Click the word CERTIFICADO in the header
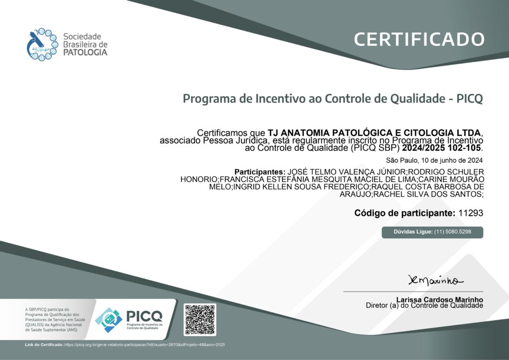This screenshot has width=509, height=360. pyautogui.click(x=419, y=39)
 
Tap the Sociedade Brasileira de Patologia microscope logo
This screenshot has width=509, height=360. pyautogui.click(x=42, y=44)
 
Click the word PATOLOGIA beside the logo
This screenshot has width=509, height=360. pyautogui.click(x=85, y=52)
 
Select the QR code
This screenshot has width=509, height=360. pyautogui.click(x=200, y=319)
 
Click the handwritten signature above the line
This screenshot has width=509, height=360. pyautogui.click(x=435, y=280)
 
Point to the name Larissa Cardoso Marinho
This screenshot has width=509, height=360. pyautogui.click(x=439, y=300)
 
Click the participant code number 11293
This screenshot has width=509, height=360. pyautogui.click(x=471, y=213)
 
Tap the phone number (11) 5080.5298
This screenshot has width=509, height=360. pyautogui.click(x=452, y=232)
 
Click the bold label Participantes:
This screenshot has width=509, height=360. pyautogui.click(x=259, y=172)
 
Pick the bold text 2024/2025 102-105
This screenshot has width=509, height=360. pyautogui.click(x=441, y=148)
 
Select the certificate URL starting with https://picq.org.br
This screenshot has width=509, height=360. pyautogui.click(x=145, y=345)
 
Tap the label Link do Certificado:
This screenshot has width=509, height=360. pyautogui.click(x=44, y=345)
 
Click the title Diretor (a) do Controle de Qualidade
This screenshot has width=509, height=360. pyautogui.click(x=424, y=305)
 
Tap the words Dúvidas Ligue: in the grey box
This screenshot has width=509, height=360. pyautogui.click(x=413, y=232)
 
